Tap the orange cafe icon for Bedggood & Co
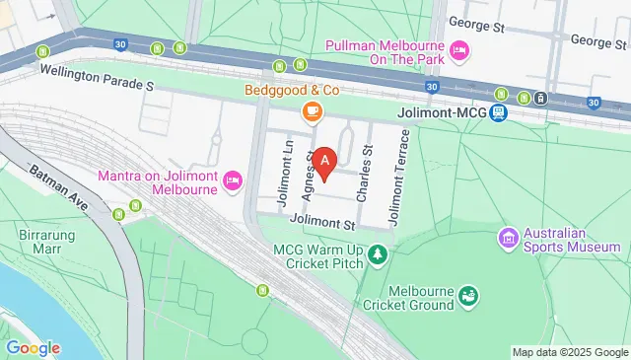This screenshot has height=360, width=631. point(312,111)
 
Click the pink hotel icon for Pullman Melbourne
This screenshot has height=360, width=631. point(458,50)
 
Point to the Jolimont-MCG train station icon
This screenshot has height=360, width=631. point(500,113)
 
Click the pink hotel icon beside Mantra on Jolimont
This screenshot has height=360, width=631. point(233,179)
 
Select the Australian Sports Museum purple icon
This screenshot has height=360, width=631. point(508,237)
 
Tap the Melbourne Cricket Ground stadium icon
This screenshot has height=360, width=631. point(468,294)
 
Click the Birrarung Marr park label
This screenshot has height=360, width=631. point(40,243)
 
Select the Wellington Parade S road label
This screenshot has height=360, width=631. point(97,79)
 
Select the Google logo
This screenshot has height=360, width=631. point(33,347)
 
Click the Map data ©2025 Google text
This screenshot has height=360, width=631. point(569,352)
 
